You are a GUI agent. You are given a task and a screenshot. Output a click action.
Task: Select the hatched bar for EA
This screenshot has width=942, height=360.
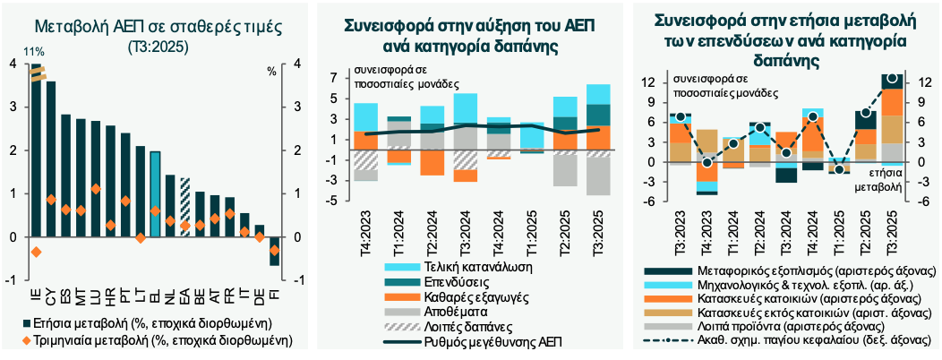184,207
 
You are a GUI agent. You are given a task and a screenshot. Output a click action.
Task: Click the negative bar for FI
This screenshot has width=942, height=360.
274,252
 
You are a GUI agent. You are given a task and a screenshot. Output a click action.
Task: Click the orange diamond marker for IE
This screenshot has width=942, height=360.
36,252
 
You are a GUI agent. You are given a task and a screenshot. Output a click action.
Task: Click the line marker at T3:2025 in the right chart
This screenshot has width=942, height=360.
892,79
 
